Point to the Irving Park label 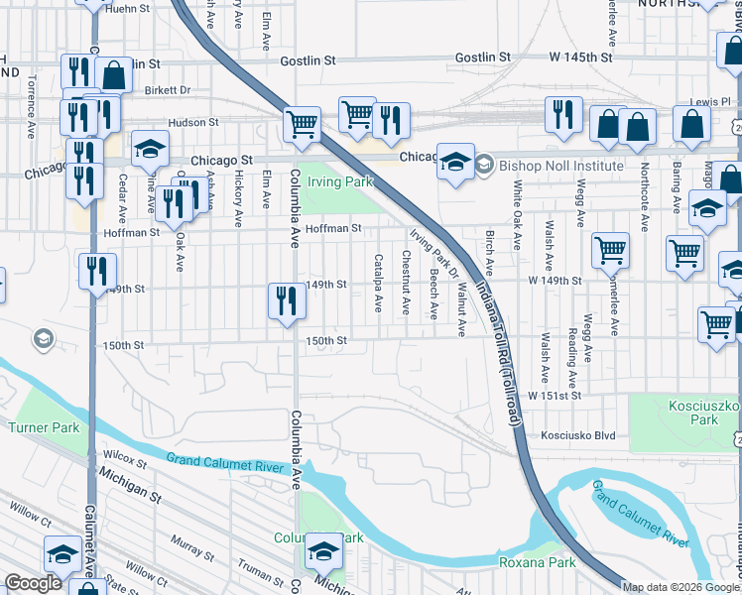pos(338,181)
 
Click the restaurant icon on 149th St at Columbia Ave pos(286,300)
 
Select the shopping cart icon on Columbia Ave pos(302,125)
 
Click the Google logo pos(34,582)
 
